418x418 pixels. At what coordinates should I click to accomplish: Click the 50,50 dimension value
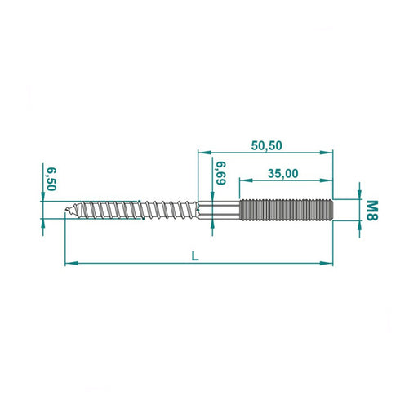click(266, 146)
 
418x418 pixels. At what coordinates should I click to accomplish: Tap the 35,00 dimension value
click(282, 173)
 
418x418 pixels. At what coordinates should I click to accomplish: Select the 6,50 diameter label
click(51, 180)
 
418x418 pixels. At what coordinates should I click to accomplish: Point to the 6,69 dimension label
click(221, 173)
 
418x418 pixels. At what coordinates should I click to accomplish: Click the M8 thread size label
click(372, 210)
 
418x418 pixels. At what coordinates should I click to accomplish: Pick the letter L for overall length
click(195, 256)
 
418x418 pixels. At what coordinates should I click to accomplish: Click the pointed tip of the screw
click(65, 210)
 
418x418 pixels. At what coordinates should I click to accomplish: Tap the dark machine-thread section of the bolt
click(286, 210)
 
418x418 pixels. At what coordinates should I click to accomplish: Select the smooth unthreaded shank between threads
click(219, 210)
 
